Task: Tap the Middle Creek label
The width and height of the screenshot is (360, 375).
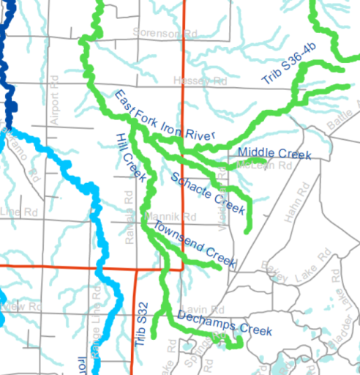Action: click(275, 153)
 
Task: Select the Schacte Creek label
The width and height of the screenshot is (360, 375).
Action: click(206, 192)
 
